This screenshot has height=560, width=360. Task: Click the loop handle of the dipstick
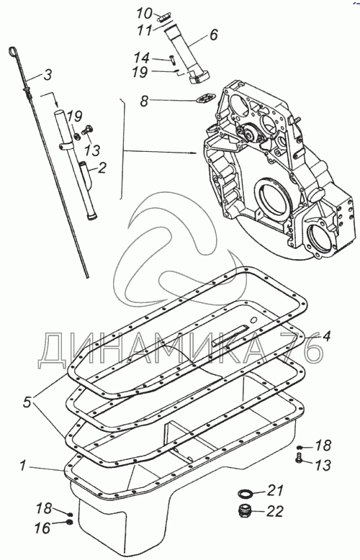tap(13, 53)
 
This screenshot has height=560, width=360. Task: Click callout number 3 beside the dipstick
tap(47, 76)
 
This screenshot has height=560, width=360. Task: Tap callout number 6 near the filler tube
tap(213, 35)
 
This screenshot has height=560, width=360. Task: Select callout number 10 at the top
tap(145, 14)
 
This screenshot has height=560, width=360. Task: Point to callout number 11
tap(145, 30)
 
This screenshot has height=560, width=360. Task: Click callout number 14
tap(141, 58)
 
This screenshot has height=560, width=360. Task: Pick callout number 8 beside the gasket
tap(144, 101)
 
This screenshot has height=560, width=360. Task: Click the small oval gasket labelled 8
tap(205, 99)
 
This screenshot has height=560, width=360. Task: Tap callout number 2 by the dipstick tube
tap(102, 168)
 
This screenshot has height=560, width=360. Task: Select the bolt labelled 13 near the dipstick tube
tap(87, 130)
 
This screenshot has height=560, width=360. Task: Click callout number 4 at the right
tap(326, 335)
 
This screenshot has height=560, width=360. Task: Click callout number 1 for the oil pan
tap(23, 466)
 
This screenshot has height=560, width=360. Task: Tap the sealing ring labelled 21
tap(246, 494)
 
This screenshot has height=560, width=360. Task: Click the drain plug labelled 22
tap(245, 511)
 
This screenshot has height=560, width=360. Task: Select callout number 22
tap(274, 512)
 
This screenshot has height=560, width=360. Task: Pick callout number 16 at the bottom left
tap(43, 528)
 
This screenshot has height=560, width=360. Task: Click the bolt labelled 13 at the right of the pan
tap(299, 458)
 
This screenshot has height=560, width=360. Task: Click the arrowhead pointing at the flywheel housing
tap(194, 153)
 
